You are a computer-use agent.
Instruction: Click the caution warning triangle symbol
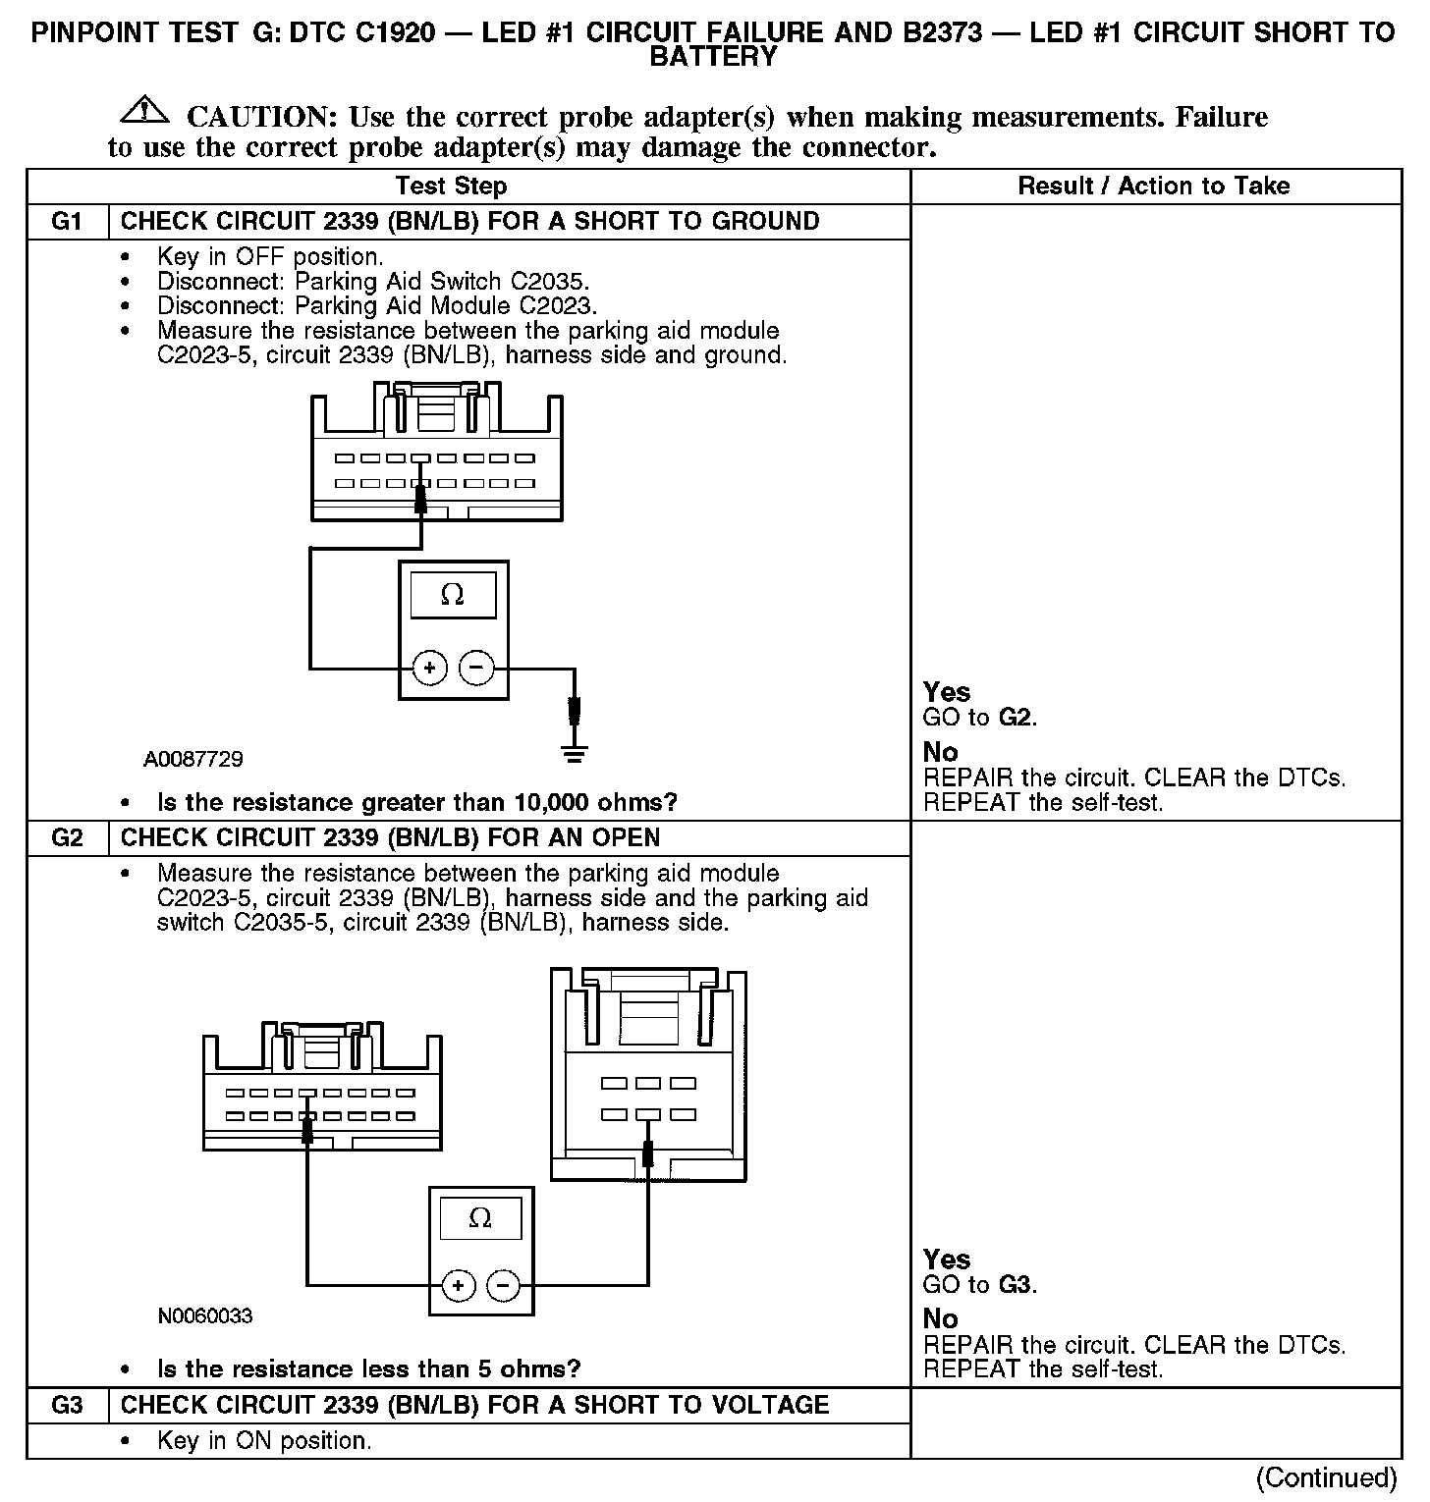(143, 110)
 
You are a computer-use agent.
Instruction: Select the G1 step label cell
(67, 221)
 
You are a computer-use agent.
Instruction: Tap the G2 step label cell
(67, 837)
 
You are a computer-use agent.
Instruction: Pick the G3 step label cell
(67, 1405)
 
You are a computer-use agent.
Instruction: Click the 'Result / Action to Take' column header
(1154, 186)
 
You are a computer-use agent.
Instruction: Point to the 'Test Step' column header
(451, 186)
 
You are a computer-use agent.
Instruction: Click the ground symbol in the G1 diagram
(575, 753)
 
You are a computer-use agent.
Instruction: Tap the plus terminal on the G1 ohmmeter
(429, 669)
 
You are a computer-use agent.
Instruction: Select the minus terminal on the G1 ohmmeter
(476, 669)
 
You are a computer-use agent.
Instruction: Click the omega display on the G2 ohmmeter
(480, 1218)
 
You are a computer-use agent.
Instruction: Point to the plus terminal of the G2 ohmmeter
(458, 1284)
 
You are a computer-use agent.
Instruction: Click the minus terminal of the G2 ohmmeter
(504, 1284)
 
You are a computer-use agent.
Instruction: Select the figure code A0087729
(193, 759)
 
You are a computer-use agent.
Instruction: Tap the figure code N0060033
(205, 1314)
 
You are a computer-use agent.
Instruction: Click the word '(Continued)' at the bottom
(1326, 1477)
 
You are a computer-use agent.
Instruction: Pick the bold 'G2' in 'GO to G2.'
(1016, 718)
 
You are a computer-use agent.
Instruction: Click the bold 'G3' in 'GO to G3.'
(1016, 1284)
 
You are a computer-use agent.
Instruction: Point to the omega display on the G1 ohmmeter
(453, 595)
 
